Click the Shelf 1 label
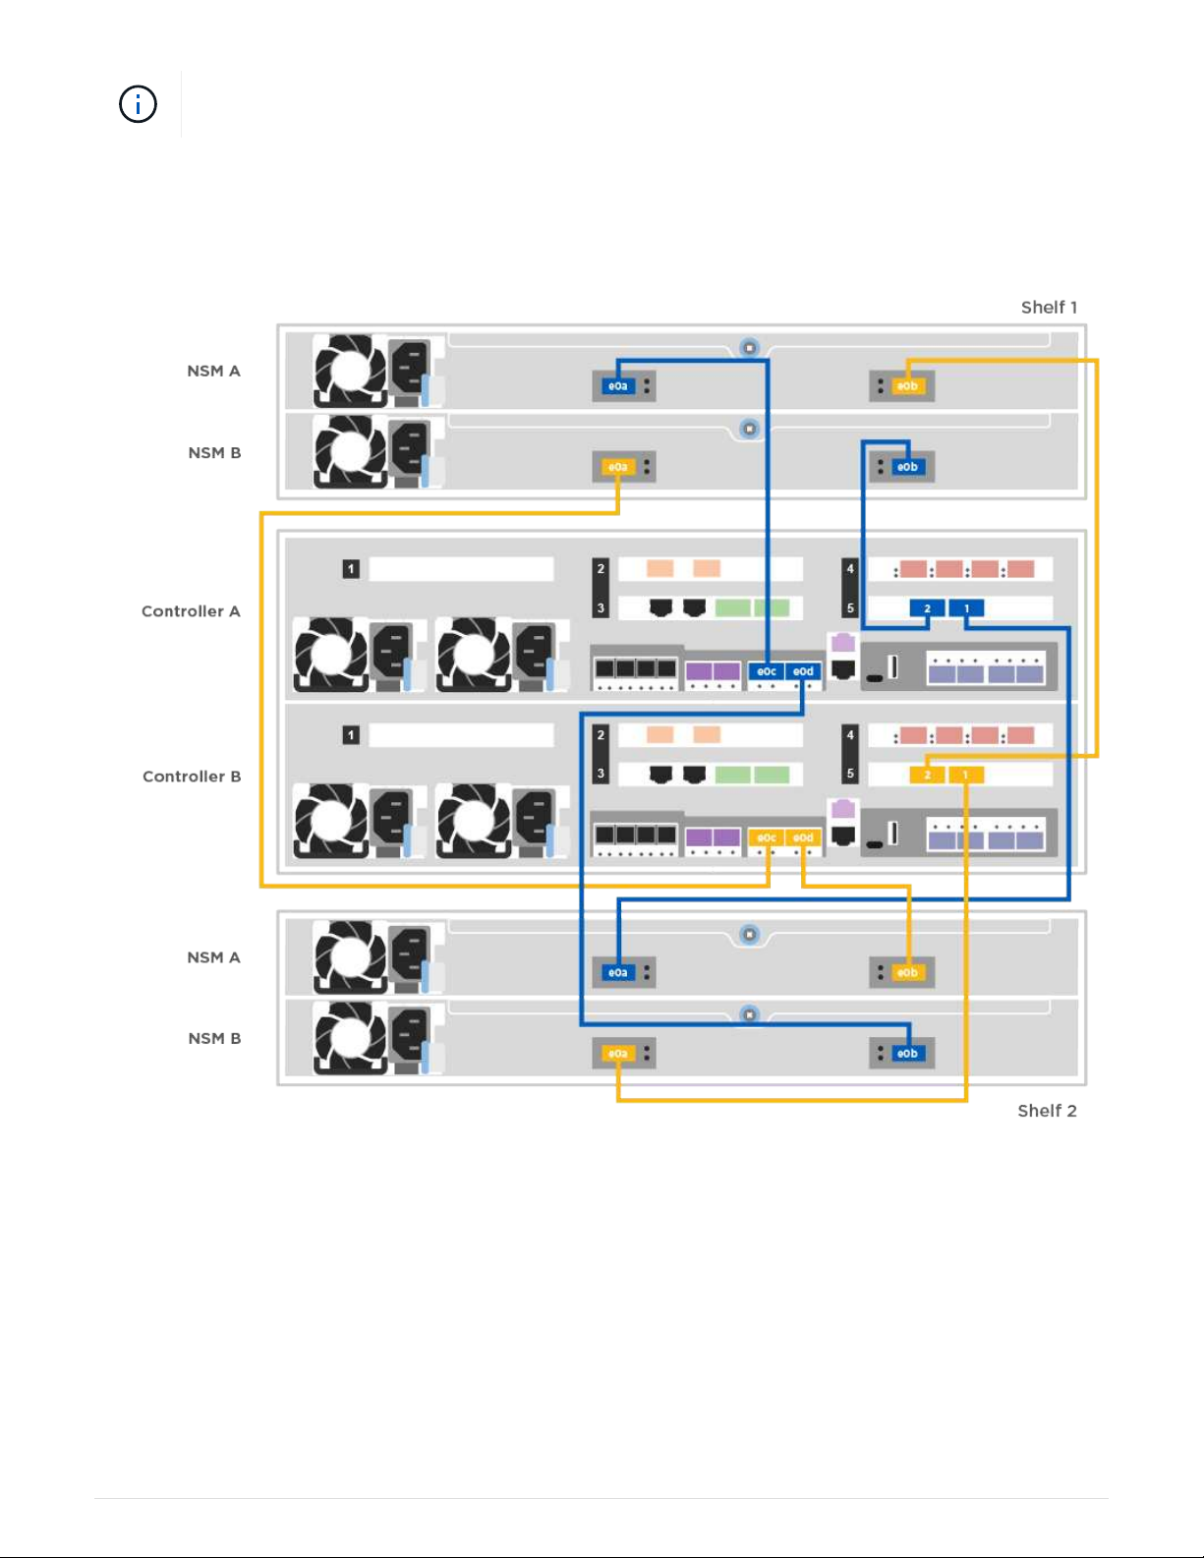pyautogui.click(x=1049, y=308)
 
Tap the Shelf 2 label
pyautogui.click(x=1047, y=1111)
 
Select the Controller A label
pyautogui.click(x=191, y=611)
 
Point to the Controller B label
pyautogui.click(x=192, y=777)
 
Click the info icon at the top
pyautogui.click(x=138, y=104)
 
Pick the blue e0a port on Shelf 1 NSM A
pyautogui.click(x=617, y=386)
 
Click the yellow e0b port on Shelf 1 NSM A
pyautogui.click(x=907, y=386)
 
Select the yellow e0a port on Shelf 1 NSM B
pyautogui.click(x=617, y=467)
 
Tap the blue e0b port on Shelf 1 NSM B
pyautogui.click(x=907, y=467)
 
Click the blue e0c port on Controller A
pyautogui.click(x=767, y=671)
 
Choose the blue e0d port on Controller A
pyautogui.click(x=803, y=671)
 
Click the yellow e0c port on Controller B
pyautogui.click(x=767, y=837)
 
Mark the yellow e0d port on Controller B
pyautogui.click(x=803, y=837)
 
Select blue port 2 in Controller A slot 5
pyautogui.click(x=927, y=608)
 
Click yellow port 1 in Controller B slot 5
pyautogui.click(x=965, y=775)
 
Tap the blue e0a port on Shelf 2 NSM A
pyautogui.click(x=617, y=972)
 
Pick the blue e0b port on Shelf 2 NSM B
pyautogui.click(x=907, y=1053)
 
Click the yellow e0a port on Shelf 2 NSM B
pyautogui.click(x=617, y=1053)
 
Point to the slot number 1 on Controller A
pyautogui.click(x=351, y=568)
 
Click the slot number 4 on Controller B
pyautogui.click(x=850, y=734)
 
